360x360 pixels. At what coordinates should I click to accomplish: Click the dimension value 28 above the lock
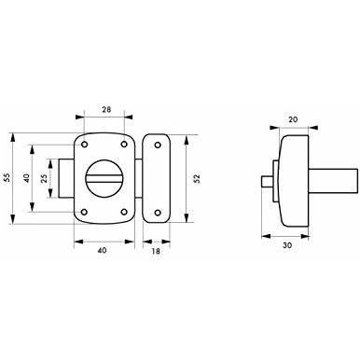pos(106,109)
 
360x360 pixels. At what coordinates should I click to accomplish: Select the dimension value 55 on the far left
pos(7,177)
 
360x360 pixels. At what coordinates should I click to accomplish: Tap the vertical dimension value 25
pos(44,178)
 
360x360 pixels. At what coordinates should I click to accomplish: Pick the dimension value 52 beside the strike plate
pos(197,178)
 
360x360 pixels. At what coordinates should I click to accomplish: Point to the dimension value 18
pos(156,251)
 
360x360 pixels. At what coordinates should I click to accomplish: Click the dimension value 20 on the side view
pos(293,119)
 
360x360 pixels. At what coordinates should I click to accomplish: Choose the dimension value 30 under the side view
pos(287,245)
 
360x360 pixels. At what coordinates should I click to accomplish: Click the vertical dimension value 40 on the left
pos(26,178)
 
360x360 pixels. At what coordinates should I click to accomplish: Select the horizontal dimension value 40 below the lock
pos(102,250)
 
